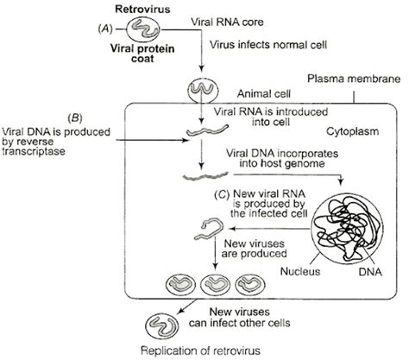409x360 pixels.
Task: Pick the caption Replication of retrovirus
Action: [204, 351]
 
